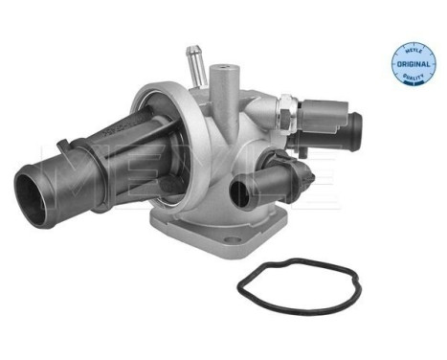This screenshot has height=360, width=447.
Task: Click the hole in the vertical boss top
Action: click(228, 68)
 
